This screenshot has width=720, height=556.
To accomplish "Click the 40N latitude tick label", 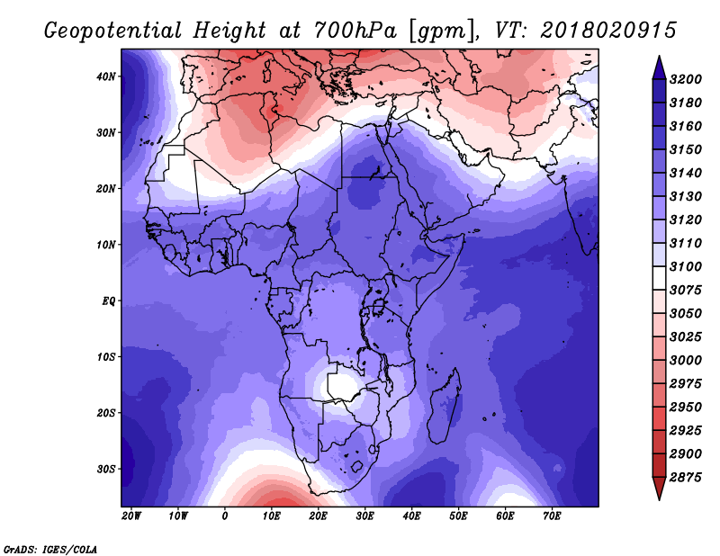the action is coord(105,76).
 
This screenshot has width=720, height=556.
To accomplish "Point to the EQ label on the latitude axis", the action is coord(108,301).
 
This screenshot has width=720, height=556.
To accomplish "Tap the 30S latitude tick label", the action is coord(105,470).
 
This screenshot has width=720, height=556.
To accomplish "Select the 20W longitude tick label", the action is coord(131,516).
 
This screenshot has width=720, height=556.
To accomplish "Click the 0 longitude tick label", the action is coord(224,516).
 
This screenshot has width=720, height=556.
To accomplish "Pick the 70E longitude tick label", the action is coord(552,516).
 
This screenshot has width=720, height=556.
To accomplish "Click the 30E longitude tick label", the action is coord(364,516).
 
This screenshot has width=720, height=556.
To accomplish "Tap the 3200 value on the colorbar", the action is coord(686,79).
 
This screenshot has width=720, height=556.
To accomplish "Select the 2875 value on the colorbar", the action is coord(686,478).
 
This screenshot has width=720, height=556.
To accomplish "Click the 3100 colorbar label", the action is coord(686,266).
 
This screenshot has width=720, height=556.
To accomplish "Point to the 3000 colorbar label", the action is coord(686,361).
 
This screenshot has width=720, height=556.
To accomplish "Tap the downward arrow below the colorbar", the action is coord(659,489).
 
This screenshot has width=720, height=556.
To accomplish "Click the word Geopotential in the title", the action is coord(113,31).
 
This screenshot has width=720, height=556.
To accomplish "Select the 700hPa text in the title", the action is coord(355,31).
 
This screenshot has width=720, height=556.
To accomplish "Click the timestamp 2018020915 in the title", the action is coord(608,31).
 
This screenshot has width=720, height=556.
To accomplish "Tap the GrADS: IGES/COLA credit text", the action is coord(50,550).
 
